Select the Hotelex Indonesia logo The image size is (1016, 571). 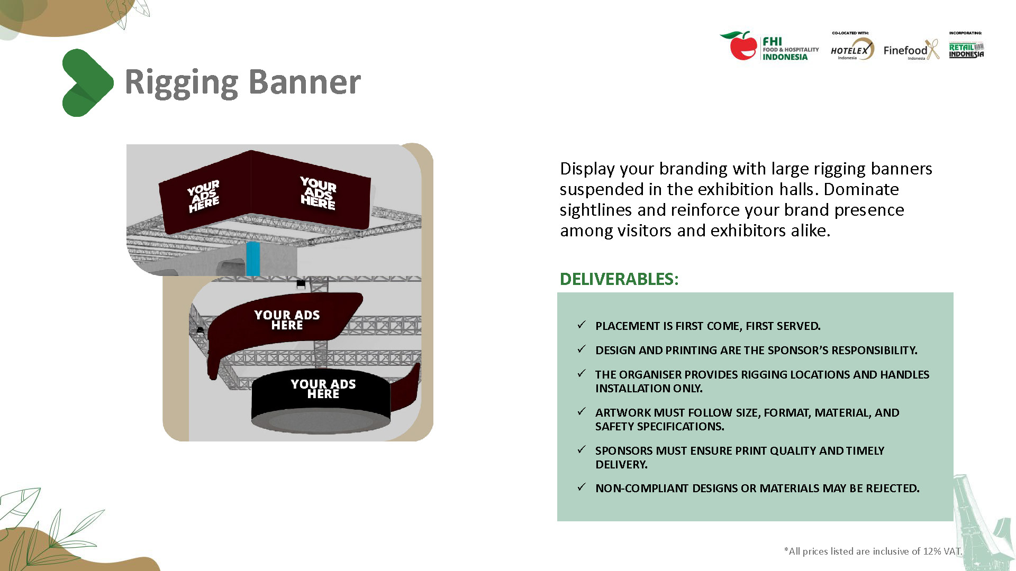coord(851,49)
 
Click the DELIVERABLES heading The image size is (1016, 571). coord(619,279)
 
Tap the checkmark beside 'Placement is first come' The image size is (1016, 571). coord(582,325)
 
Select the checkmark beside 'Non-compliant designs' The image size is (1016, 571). coord(582,487)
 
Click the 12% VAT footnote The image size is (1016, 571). coord(873,551)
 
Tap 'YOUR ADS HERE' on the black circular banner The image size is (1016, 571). coord(323,389)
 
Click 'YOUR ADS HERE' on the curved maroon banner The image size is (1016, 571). coord(287,320)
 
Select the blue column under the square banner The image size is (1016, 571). coord(253,259)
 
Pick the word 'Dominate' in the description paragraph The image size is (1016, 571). coord(861,189)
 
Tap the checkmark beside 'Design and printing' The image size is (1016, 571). coord(582,349)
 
